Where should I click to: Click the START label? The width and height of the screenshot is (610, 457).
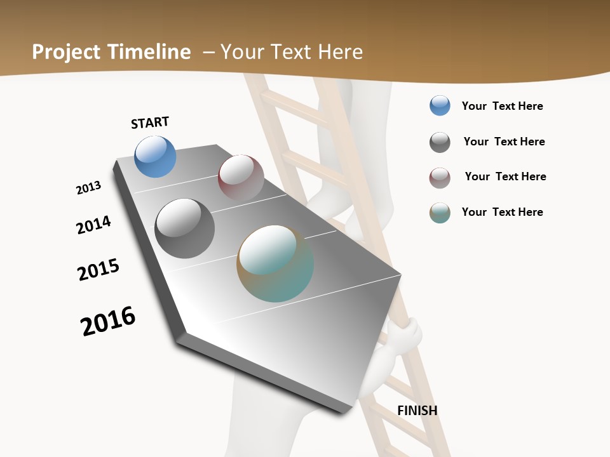pos(150,123)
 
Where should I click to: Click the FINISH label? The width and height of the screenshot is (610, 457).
pos(417,411)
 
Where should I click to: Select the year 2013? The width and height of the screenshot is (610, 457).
pos(89,188)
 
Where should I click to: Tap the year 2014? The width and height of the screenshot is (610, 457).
pos(93,225)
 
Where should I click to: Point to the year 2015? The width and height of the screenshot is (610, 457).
pos(98,270)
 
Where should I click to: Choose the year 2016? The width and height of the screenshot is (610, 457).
pos(108,321)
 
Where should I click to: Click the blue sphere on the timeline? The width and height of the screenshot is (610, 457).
pos(155,157)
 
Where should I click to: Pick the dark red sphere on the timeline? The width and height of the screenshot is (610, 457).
pos(241,178)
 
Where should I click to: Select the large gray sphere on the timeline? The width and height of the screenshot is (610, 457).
pos(185,228)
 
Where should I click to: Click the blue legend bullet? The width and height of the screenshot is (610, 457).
pos(440,106)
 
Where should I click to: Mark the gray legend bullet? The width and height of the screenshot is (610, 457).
pos(440,142)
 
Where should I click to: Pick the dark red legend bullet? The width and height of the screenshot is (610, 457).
pos(440,178)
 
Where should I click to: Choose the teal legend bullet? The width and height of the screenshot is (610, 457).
pos(440,213)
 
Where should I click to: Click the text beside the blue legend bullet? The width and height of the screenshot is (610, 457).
pos(502,106)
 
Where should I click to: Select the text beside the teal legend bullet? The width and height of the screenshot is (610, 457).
pos(502,212)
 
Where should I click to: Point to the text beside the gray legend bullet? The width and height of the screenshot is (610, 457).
pos(504,142)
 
